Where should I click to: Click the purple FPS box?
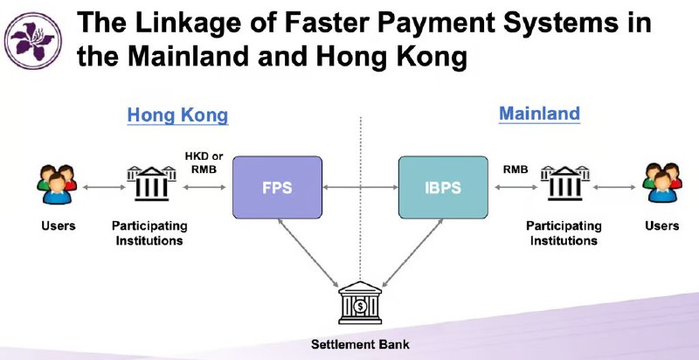coord(277,187)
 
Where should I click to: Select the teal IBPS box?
coord(443,187)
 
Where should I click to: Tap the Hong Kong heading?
coord(177,115)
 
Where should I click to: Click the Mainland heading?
coord(539,114)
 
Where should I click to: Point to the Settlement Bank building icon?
coord(360,302)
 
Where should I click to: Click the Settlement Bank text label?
coord(360,344)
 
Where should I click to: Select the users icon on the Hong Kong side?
coord(57,184)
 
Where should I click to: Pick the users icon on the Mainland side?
coord(662,183)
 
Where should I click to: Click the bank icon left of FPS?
coord(151,183)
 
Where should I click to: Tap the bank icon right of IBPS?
coord(565,183)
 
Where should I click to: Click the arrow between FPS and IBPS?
coord(360,188)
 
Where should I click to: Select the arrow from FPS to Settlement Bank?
coord(308,253)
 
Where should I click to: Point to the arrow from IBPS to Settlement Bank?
coord(412,253)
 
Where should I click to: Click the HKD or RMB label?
coord(204,163)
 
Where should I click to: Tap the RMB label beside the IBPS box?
coord(516,170)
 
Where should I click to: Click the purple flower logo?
coord(33,40)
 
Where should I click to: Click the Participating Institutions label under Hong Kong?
coord(149,233)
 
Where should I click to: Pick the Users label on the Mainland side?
coord(662,226)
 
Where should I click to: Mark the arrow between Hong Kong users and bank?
coord(104,188)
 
